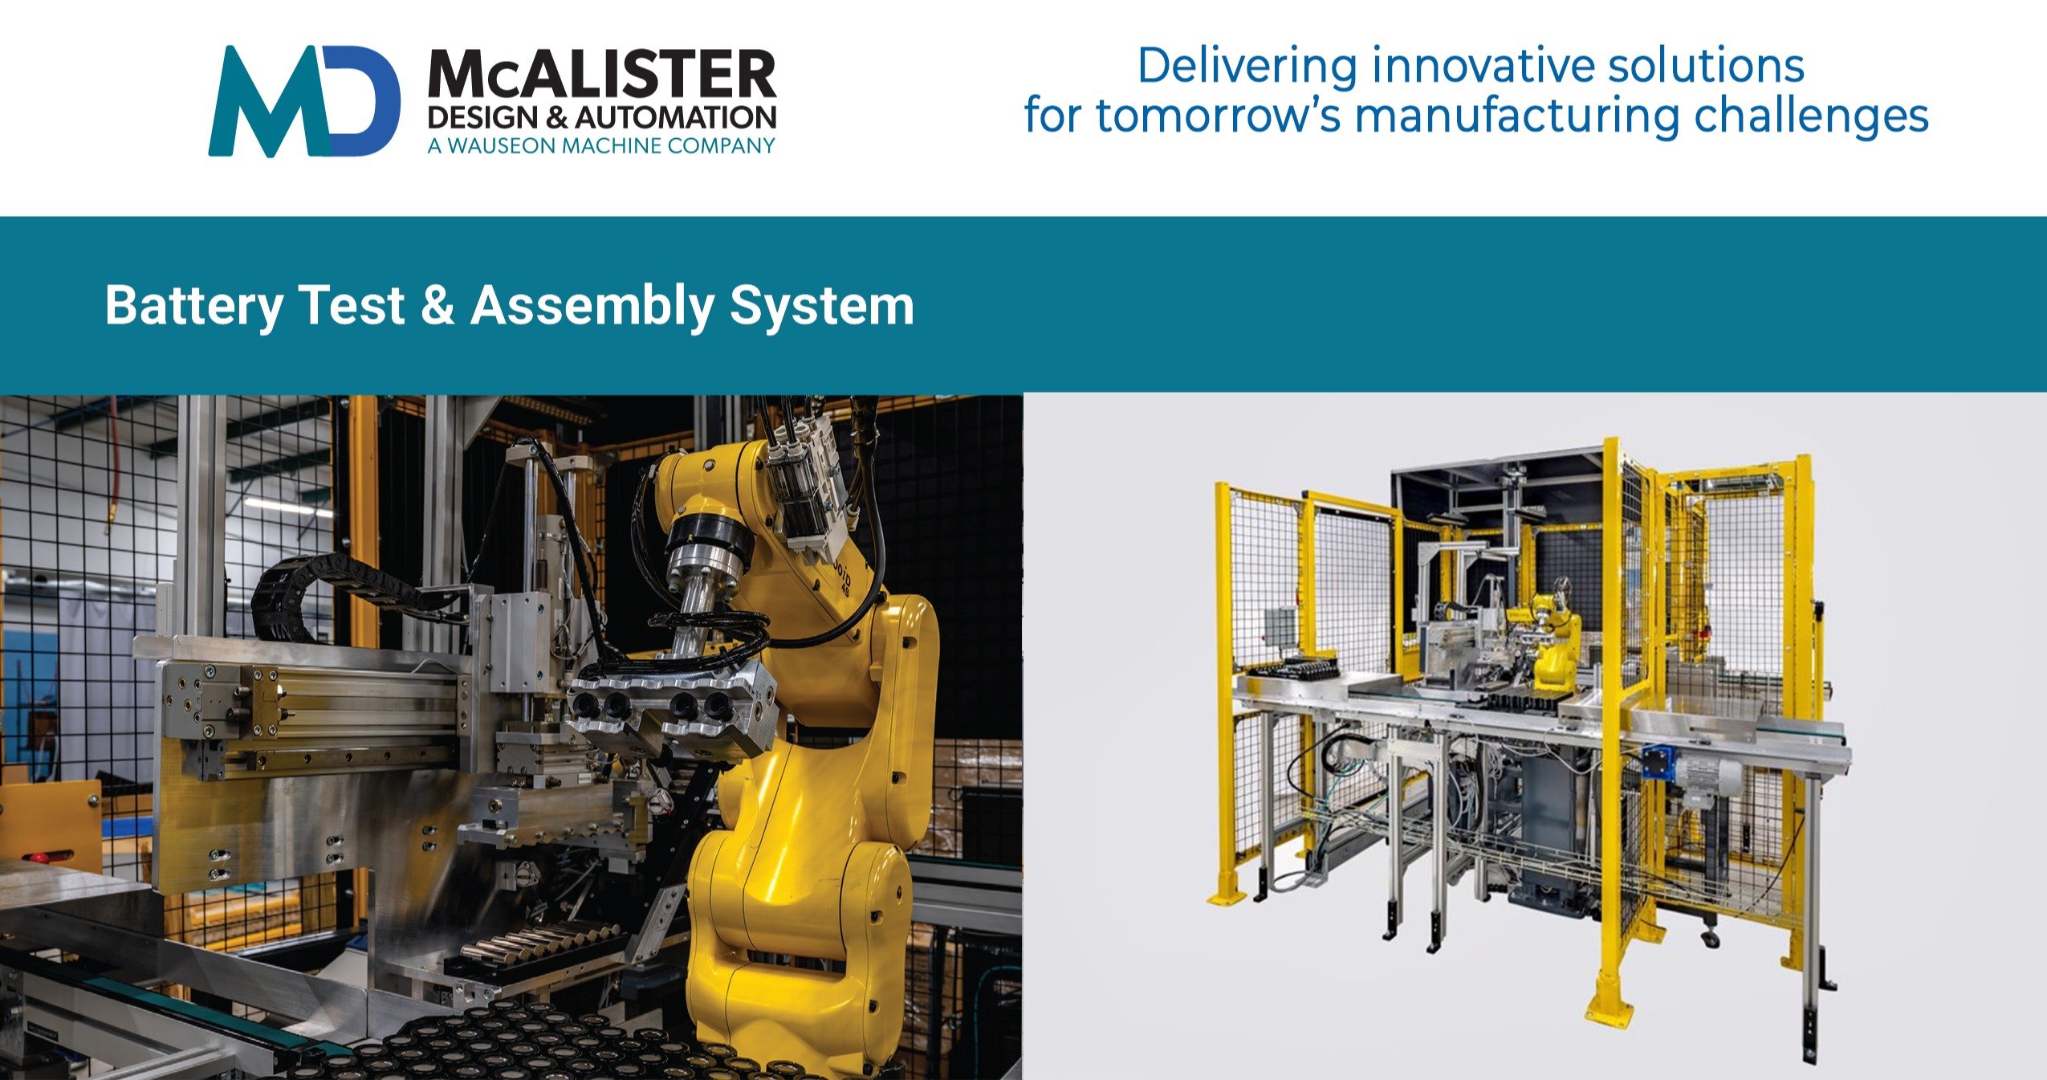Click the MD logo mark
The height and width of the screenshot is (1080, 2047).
coord(304,100)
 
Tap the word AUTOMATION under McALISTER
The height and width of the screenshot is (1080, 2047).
coord(676,118)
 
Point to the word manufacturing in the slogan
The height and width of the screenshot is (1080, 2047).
coord(1519,115)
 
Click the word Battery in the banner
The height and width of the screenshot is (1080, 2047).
coord(193,307)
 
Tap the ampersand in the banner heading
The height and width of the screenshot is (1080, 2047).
coord(437,306)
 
